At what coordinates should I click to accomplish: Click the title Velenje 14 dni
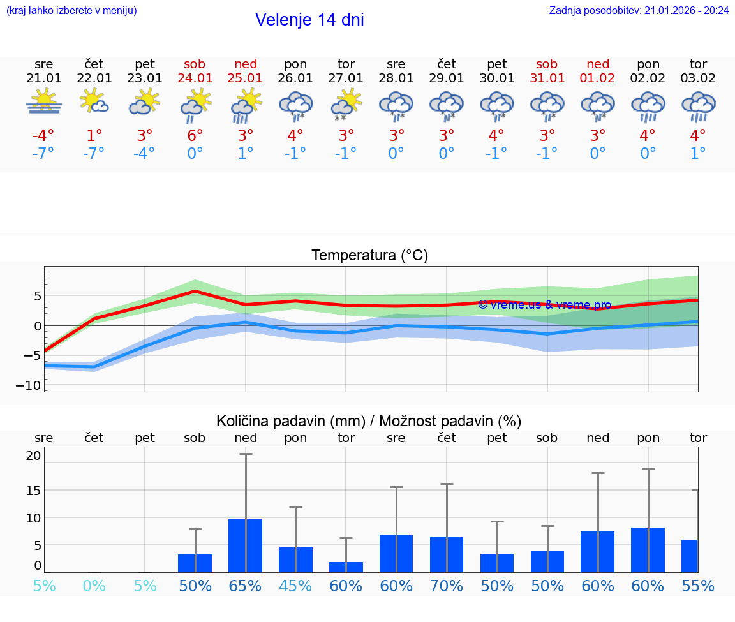coord(309,20)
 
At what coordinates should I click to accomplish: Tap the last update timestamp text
coord(639,10)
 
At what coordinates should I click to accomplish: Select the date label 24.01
coord(195,78)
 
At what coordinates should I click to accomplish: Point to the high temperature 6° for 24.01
coord(195,135)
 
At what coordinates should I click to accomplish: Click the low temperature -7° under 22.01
coord(94,154)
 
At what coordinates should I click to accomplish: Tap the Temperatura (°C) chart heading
coord(369,256)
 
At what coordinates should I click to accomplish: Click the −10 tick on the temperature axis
coord(33,385)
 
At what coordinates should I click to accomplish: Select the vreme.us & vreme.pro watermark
coord(544,305)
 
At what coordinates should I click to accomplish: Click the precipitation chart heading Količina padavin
coord(369,421)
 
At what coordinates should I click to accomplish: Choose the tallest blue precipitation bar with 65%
coord(246,545)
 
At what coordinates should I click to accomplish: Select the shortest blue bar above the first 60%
coord(346,566)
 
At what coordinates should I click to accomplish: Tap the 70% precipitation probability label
coord(447,586)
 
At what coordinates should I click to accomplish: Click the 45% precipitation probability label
coord(296,586)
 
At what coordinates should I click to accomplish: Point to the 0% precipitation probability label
coord(94,586)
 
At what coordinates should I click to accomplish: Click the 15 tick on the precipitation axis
coord(33,490)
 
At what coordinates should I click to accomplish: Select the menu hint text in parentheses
coord(71,10)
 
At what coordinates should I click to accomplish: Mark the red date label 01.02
coord(598,78)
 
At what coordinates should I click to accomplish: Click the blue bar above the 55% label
coord(690,556)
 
